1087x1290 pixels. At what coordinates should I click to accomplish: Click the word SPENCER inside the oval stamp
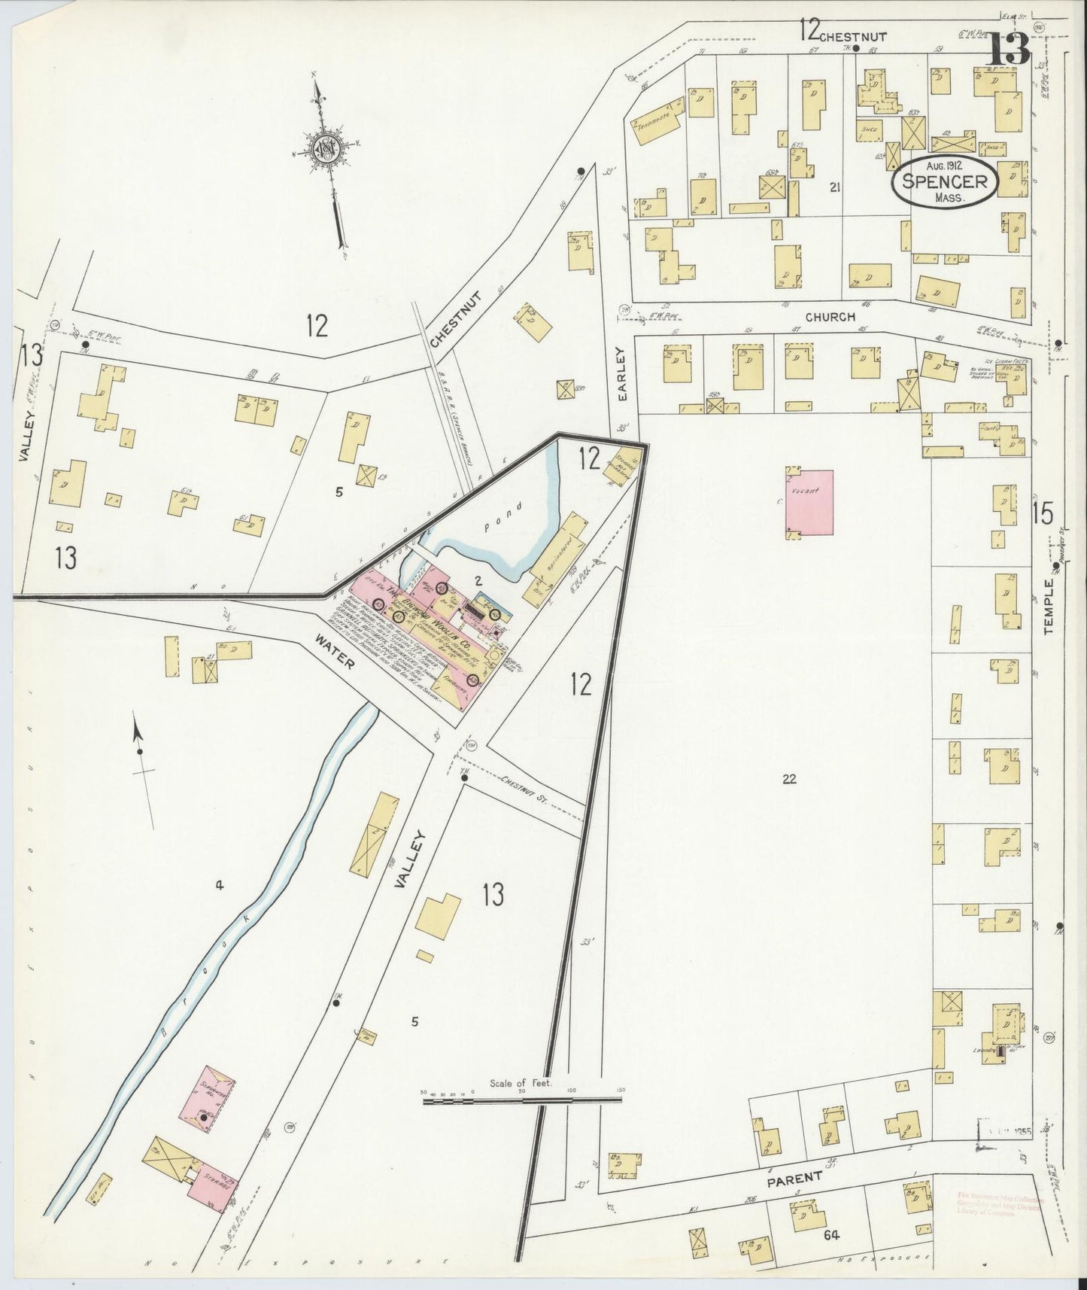pos(944,181)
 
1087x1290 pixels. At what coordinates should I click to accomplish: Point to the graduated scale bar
pos(523,1100)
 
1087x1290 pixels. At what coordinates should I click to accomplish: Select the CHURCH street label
pos(830,317)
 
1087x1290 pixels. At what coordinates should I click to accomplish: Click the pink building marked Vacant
pos(810,502)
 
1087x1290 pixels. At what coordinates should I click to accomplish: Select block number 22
pos(788,779)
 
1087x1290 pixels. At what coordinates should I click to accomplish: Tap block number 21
pos(833,187)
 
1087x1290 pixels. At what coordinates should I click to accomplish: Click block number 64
pos(830,1235)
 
